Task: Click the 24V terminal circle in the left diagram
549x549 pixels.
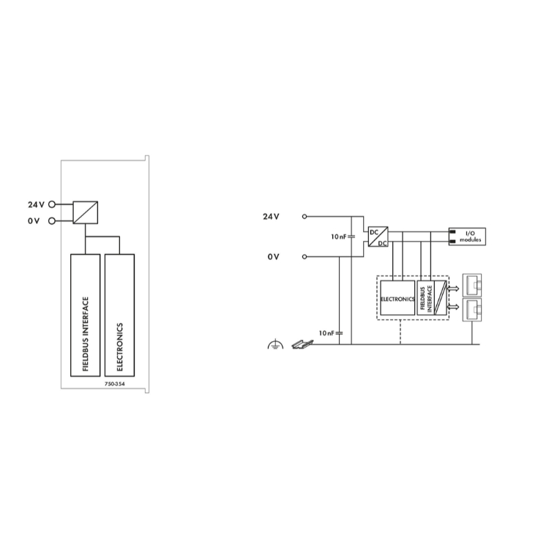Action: (x=52, y=204)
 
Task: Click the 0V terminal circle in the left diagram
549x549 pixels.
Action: (x=52, y=221)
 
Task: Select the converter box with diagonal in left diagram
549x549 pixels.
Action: (x=85, y=212)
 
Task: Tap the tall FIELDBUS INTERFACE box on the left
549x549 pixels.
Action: (x=85, y=315)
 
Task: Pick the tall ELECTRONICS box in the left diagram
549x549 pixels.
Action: (x=119, y=315)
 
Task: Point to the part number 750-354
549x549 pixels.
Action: (x=114, y=384)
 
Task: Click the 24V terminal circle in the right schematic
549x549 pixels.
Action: (x=305, y=217)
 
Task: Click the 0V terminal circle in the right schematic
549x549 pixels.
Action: (x=305, y=257)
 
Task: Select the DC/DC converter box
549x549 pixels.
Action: (x=378, y=236)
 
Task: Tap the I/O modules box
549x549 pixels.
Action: (x=467, y=236)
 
